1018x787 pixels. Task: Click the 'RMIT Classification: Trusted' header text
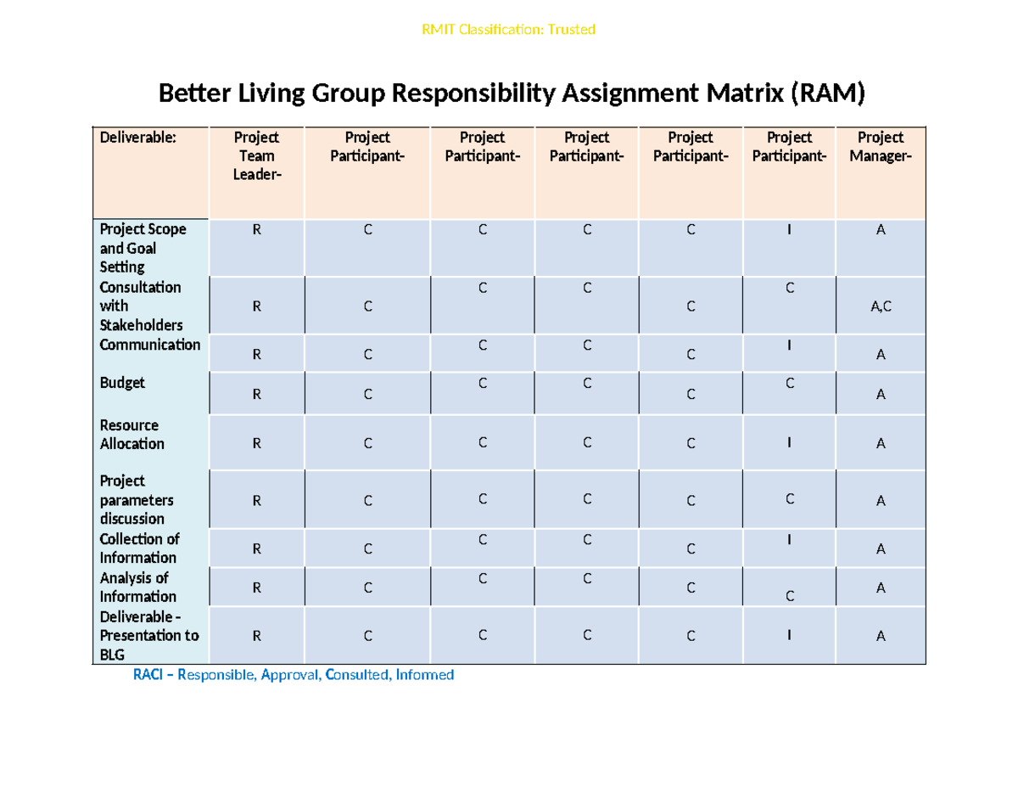coord(509,30)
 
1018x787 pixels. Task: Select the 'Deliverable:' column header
coord(137,138)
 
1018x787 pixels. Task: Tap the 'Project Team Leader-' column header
coord(256,155)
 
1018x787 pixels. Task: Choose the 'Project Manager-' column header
coord(880,146)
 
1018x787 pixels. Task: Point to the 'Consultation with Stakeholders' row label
coord(140,306)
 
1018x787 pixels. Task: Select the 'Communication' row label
coord(150,345)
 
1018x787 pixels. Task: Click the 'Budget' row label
coord(122,383)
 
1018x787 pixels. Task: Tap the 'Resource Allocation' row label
coord(131,435)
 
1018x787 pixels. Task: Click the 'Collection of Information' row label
coord(139,548)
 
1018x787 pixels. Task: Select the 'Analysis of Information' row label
coord(137,587)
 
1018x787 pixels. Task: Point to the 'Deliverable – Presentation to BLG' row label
coord(148,635)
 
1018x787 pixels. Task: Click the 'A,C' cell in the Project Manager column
coord(881,307)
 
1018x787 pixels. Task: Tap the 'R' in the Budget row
coord(256,394)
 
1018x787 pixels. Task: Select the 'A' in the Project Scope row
coord(881,229)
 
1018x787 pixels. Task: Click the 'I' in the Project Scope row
coord(789,229)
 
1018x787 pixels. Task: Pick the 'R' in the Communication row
coord(256,356)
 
